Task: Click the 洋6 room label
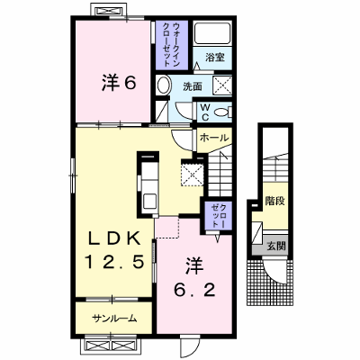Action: click(119, 83)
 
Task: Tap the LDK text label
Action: click(114, 239)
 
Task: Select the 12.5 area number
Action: click(114, 261)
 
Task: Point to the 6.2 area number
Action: click(194, 290)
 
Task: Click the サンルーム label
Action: click(114, 319)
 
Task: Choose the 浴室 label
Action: click(215, 58)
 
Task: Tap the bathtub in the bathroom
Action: click(212, 33)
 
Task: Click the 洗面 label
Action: click(193, 86)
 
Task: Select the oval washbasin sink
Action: click(163, 85)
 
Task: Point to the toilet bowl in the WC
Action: click(223, 112)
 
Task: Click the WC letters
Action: click(204, 112)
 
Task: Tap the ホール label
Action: click(214, 138)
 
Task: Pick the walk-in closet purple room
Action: click(172, 45)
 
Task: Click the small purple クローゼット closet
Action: click(218, 215)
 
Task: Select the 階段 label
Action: click(274, 201)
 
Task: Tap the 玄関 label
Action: click(276, 247)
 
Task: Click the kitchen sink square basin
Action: click(149, 202)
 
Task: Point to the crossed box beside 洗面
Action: click(222, 86)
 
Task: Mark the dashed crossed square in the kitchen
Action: click(192, 173)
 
